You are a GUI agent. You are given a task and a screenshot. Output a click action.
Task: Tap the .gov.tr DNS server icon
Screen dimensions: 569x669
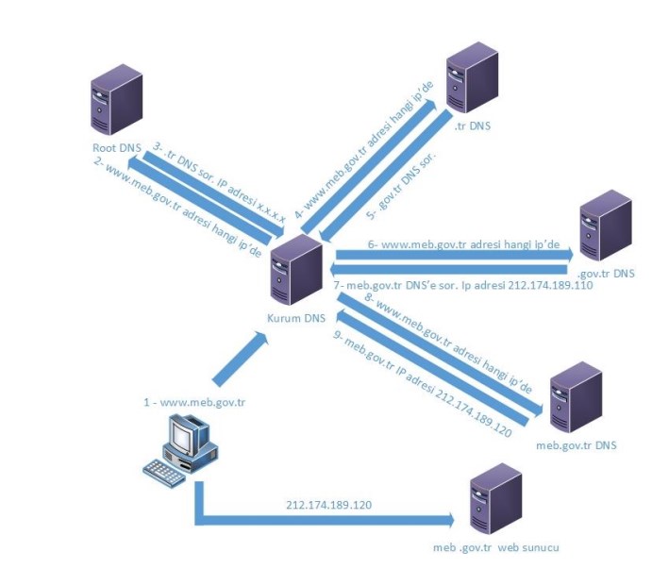click(604, 227)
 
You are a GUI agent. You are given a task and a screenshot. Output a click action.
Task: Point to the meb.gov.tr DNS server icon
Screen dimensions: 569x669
click(576, 395)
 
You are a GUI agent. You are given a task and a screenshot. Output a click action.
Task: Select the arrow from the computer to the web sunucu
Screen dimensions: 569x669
click(321, 519)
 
